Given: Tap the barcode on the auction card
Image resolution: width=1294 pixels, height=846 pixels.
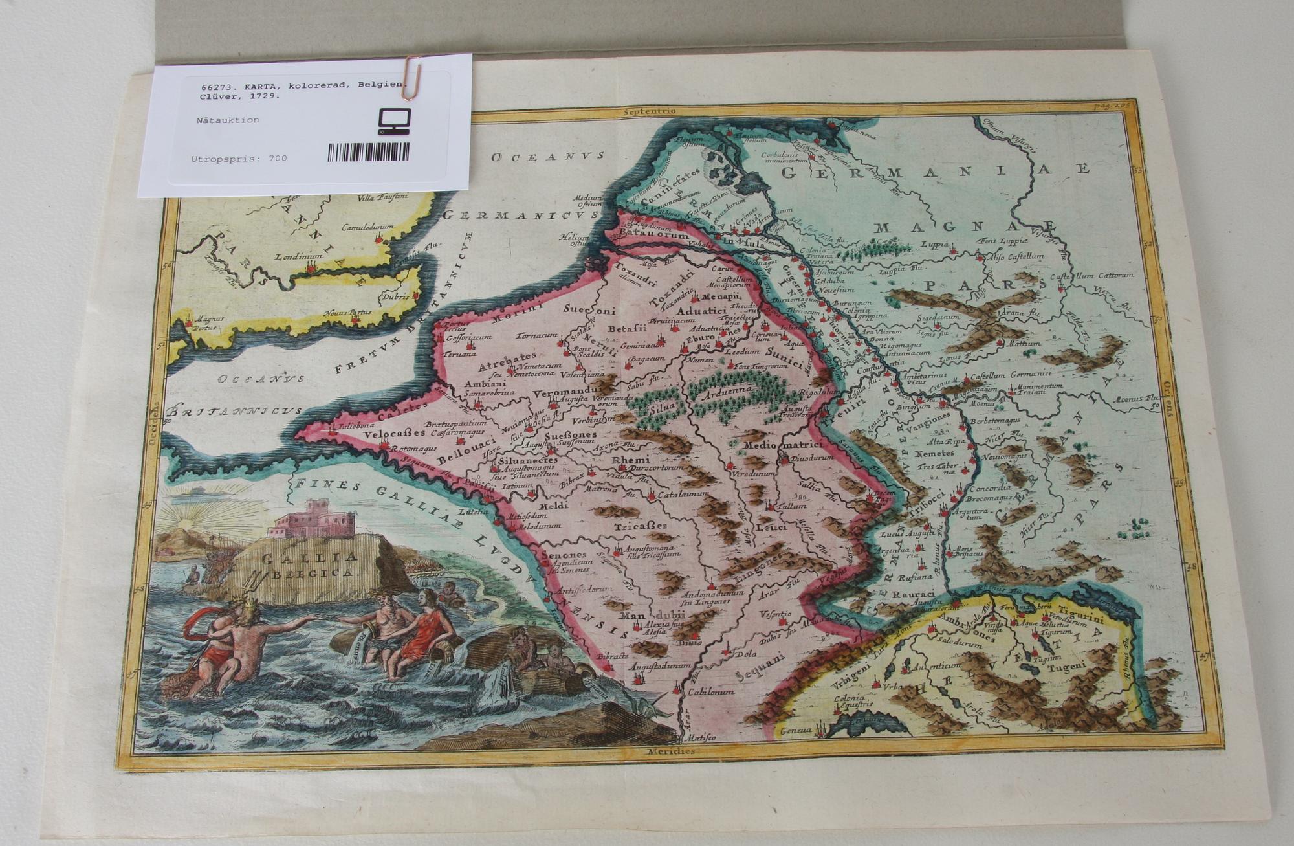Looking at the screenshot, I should pos(368,152).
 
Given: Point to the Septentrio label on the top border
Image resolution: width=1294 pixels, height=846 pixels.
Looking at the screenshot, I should pos(650,111).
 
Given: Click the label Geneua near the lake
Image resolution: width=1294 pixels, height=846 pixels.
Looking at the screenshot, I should pos(795,730).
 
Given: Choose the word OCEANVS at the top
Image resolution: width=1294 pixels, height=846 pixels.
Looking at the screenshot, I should pos(547,156).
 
